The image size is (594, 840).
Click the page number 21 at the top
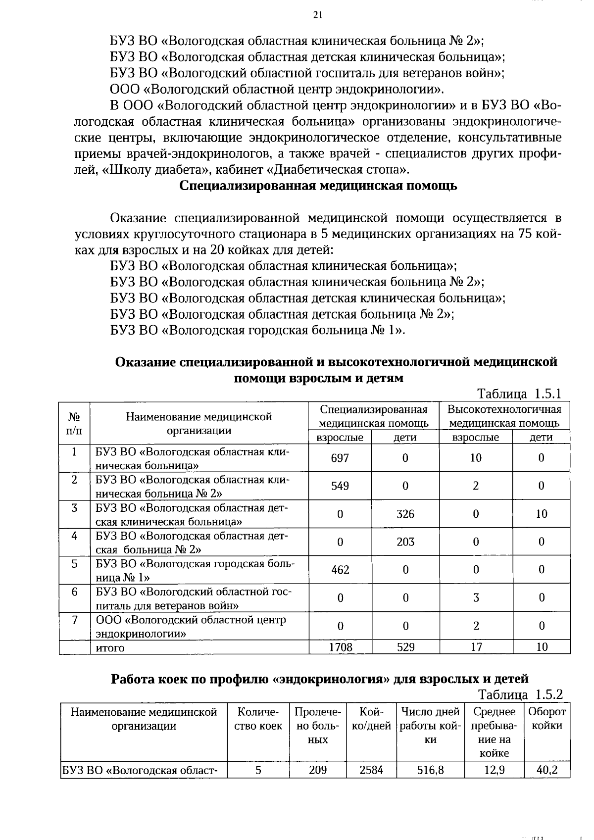click(318, 15)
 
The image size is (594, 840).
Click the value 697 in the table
click(340, 458)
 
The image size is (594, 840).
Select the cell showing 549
click(340, 486)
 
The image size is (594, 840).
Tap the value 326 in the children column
click(405, 514)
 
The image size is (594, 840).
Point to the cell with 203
click(405, 542)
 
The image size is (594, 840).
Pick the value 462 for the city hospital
click(340, 570)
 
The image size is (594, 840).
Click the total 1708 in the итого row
click(340, 647)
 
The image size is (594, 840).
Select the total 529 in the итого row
click(405, 647)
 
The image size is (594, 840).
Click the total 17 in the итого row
click(476, 647)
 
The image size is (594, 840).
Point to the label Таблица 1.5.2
click(520, 694)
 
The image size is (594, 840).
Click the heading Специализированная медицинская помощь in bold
click(318, 186)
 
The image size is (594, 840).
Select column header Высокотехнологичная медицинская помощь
click(504, 416)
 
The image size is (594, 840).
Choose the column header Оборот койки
click(547, 719)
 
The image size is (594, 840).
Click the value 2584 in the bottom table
click(371, 770)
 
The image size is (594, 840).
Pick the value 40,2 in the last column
click(546, 770)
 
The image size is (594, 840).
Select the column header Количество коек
click(258, 719)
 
